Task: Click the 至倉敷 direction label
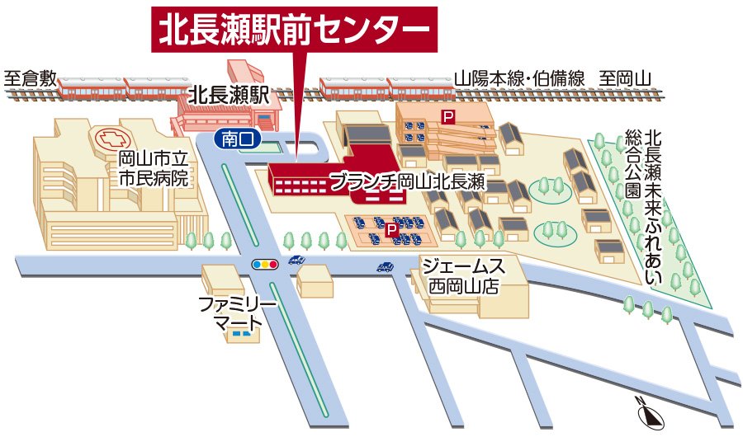[x=30, y=79]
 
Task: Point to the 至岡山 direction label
[x=625, y=79]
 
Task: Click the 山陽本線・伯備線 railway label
[x=519, y=79]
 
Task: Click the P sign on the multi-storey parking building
[x=448, y=118]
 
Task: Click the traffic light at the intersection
[x=265, y=265]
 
